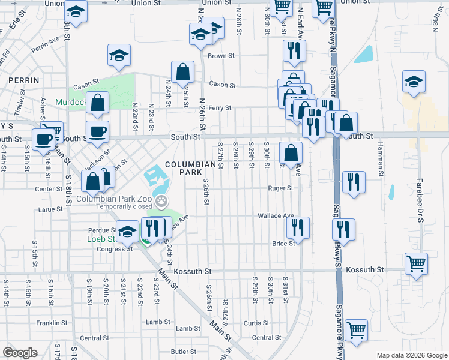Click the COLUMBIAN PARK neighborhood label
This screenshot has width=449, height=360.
click(190, 168)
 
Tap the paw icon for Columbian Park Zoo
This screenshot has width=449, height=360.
click(161, 200)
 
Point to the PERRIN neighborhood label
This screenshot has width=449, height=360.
click(23, 80)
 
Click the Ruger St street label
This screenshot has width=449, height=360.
click(280, 188)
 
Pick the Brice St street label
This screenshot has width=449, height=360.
click(283, 243)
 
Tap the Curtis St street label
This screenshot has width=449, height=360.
click(256, 323)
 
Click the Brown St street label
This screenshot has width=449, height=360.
click(220, 56)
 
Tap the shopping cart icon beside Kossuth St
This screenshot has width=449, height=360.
click(417, 263)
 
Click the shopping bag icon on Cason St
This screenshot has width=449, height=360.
click(182, 73)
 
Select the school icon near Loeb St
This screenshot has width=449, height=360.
click(127, 231)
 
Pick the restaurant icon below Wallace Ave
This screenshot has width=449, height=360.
click(298, 227)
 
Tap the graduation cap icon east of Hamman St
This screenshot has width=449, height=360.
click(414, 82)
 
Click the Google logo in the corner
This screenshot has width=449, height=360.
click(20, 353)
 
